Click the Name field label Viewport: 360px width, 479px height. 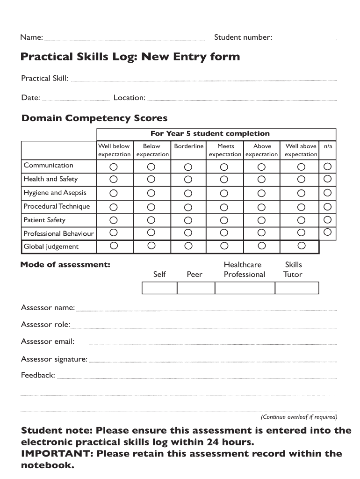(32, 37)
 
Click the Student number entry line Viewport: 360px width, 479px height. (304, 38)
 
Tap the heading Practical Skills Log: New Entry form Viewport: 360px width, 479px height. (130, 57)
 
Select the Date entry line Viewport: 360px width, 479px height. (76, 99)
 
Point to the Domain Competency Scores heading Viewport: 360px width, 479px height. (94, 118)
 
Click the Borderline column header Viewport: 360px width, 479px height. (188, 146)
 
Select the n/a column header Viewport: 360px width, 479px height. (328, 146)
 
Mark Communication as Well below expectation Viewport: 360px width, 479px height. (114, 167)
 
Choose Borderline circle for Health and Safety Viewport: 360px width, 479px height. (188, 180)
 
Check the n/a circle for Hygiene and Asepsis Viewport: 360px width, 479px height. (328, 192)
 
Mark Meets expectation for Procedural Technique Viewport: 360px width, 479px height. (224, 207)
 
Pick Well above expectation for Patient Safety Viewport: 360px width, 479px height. (302, 220)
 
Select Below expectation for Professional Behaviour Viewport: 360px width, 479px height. (151, 232)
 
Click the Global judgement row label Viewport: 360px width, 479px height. (51, 247)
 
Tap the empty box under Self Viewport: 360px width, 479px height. (159, 288)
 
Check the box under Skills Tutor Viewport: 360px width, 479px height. (296, 288)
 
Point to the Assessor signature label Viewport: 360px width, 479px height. (54, 359)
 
